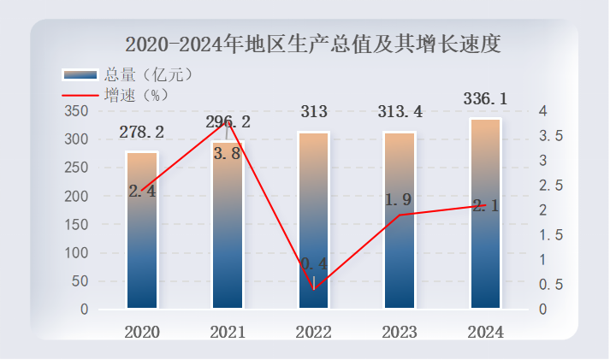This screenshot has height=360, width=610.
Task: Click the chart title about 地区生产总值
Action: (312, 43)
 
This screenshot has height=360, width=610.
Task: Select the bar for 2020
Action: (142, 231)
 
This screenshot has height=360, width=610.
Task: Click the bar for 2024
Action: (485, 214)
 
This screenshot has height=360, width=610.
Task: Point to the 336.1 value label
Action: (485, 99)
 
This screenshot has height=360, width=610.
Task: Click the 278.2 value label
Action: (142, 132)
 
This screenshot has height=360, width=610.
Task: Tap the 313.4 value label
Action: (400, 111)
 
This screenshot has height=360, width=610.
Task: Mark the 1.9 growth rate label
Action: (399, 200)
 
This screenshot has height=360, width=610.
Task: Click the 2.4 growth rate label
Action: (142, 192)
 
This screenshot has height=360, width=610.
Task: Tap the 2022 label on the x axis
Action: (314, 332)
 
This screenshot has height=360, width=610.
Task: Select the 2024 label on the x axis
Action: (485, 332)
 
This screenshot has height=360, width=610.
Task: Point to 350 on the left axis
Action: (76, 111)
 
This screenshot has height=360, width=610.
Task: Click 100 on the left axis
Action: (76, 253)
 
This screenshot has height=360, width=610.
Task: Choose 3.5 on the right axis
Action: (551, 136)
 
